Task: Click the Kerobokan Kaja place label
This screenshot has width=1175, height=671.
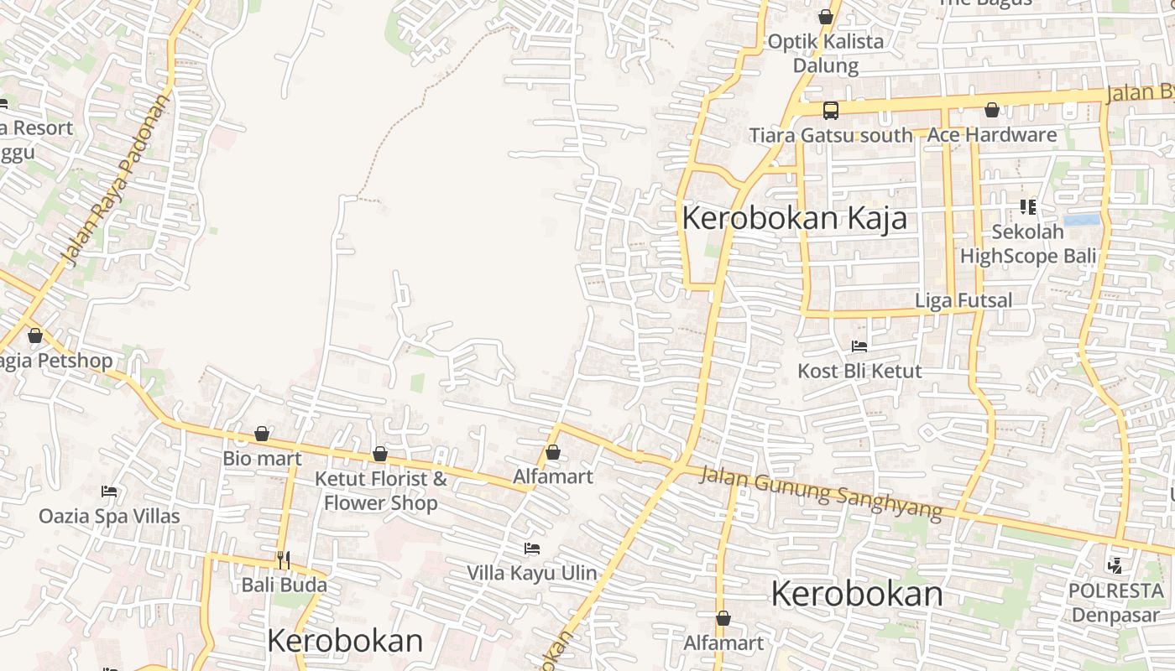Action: pyautogui.click(x=794, y=218)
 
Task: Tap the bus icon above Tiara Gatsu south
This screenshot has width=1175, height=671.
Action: pyautogui.click(x=830, y=110)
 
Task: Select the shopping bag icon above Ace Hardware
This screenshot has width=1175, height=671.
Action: pyautogui.click(x=991, y=110)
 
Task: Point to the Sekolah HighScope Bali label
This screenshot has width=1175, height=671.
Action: pyautogui.click(x=1028, y=244)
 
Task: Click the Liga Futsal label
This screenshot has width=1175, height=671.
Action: pyautogui.click(x=963, y=300)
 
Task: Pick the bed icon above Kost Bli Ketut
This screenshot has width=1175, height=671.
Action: pyautogui.click(x=859, y=346)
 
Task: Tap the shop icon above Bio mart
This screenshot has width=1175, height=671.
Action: pyautogui.click(x=262, y=434)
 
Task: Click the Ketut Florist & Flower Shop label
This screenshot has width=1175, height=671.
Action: pyautogui.click(x=380, y=491)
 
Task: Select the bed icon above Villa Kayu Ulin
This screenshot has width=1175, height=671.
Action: pyautogui.click(x=531, y=549)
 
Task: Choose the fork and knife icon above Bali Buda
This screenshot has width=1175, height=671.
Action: pyautogui.click(x=284, y=559)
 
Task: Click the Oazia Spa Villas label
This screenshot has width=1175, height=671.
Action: pyautogui.click(x=109, y=516)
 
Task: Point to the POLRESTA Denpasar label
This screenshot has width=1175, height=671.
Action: pyautogui.click(x=1116, y=602)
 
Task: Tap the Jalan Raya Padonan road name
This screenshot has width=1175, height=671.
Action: pyautogui.click(x=116, y=180)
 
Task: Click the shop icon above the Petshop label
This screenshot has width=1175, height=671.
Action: pyautogui.click(x=35, y=336)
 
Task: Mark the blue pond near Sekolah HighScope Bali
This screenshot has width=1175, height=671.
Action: pyautogui.click(x=1081, y=221)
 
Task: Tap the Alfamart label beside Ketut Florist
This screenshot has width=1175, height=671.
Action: pyautogui.click(x=552, y=476)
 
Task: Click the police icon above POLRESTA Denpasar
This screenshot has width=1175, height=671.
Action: pyautogui.click(x=1115, y=566)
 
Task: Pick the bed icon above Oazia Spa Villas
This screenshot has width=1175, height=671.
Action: pyautogui.click(x=109, y=491)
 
